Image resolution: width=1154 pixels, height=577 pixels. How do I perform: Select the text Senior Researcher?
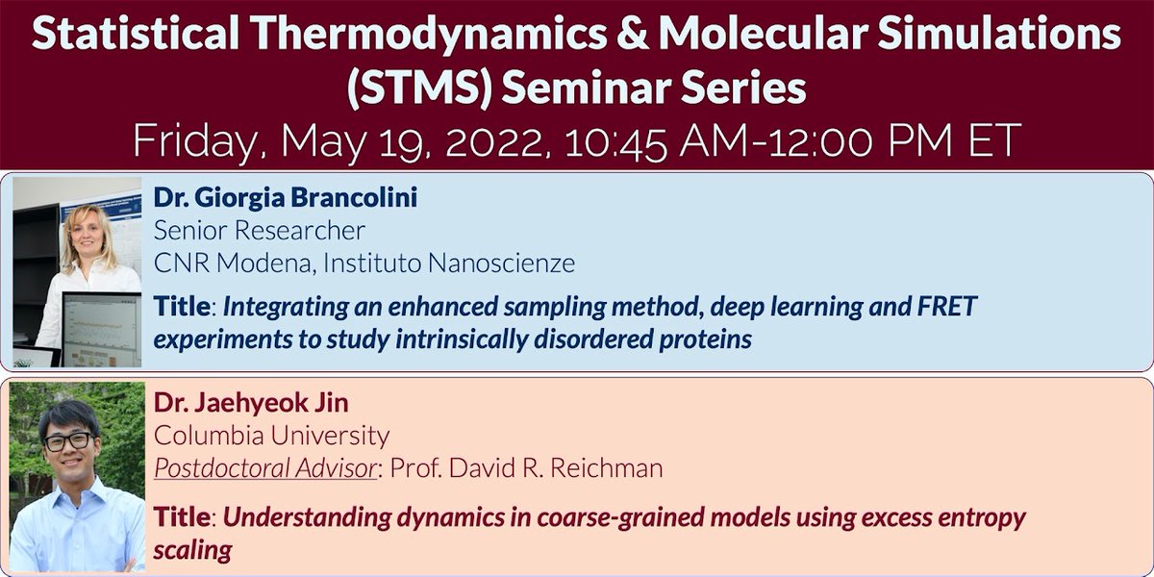tap(260, 231)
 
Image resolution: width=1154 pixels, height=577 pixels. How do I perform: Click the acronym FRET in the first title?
tap(941, 309)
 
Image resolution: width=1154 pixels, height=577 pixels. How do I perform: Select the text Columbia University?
tap(271, 436)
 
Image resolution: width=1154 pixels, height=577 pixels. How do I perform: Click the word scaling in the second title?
tap(192, 549)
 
